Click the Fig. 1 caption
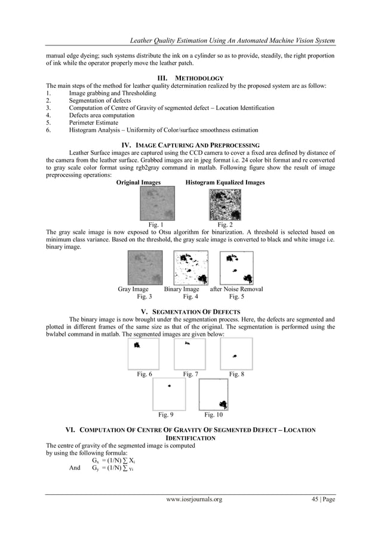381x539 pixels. coord(156,225)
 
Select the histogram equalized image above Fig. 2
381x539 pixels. coord(225,204)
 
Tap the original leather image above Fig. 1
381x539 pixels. coord(157,204)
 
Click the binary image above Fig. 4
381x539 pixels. coord(190,268)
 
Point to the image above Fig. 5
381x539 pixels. coord(237,268)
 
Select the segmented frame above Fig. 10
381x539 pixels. coord(214,394)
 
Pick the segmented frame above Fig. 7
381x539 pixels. coord(190,354)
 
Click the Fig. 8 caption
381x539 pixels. coord(236,374)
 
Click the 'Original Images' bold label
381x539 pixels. coord(138,182)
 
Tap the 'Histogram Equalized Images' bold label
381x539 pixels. coord(225,182)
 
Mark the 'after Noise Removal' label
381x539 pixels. coord(236,289)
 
